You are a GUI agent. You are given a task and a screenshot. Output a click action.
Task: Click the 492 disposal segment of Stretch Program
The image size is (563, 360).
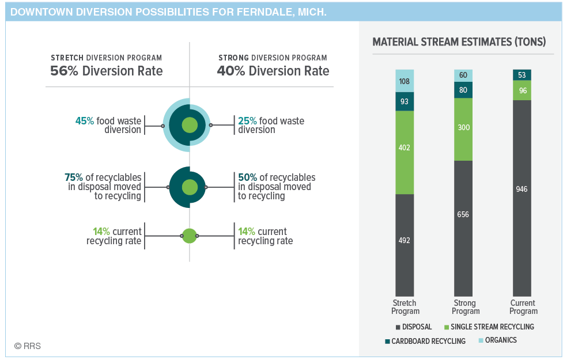click(405, 245)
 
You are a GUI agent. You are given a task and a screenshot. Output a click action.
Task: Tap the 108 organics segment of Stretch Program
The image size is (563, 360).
click(405, 81)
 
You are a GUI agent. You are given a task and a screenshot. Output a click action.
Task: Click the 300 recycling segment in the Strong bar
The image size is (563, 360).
click(463, 129)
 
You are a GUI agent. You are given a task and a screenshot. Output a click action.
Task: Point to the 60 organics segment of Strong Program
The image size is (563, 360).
click(463, 75)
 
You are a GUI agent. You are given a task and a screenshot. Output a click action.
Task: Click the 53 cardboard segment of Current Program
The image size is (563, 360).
click(522, 75)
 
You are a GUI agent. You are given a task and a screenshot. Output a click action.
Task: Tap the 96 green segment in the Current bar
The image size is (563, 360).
click(522, 90)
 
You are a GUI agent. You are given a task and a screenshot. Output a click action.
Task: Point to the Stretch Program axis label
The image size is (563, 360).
click(405, 307)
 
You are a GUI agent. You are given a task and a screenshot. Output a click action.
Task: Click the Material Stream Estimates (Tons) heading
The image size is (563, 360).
click(459, 42)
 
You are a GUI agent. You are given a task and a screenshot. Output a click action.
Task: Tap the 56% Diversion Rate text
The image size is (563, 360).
click(106, 71)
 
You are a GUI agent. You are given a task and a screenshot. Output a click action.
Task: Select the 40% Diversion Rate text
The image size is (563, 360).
click(273, 71)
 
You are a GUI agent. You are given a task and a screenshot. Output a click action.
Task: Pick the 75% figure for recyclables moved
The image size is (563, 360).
click(74, 177)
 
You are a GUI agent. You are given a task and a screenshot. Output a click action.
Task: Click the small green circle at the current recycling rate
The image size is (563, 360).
click(190, 236)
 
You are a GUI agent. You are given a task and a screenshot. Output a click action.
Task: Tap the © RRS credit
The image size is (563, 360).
click(28, 346)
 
